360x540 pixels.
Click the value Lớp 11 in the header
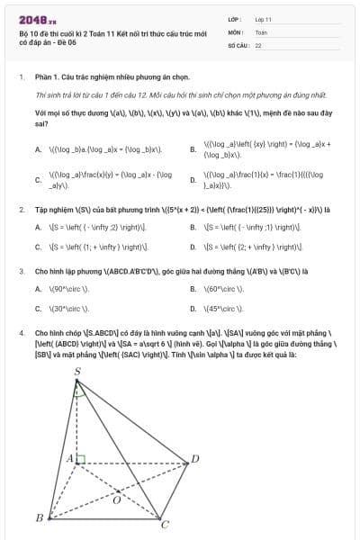click(263, 18)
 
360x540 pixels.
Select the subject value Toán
click(261, 31)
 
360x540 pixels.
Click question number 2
click(21, 211)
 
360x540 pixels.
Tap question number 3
click(21, 270)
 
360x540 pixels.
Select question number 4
click(21, 330)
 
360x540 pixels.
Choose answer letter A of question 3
click(38, 289)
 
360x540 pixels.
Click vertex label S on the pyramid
click(76, 372)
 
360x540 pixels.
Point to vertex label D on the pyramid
click(195, 460)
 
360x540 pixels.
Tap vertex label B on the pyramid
click(39, 517)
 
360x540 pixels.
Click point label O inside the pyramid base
click(117, 499)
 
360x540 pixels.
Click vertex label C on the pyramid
click(164, 524)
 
